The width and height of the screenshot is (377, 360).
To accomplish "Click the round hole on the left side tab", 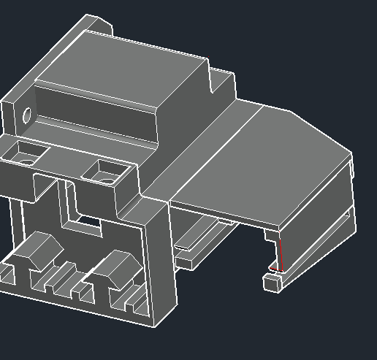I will [27, 115].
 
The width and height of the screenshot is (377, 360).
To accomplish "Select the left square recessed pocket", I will [27, 154].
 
